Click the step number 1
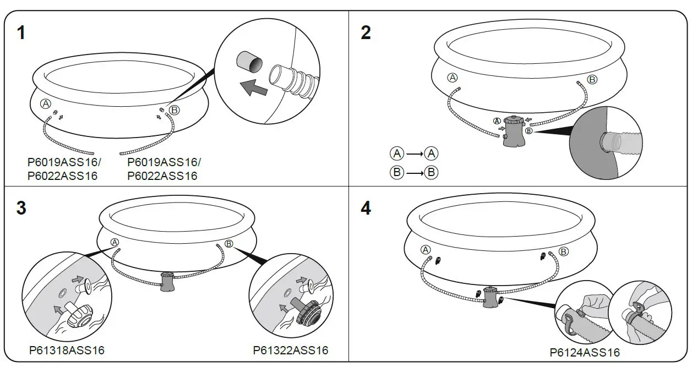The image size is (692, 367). pos(21,34)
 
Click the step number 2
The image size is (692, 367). pos(366,34)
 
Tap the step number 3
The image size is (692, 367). pos(21,209)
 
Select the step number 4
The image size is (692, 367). pos(366,209)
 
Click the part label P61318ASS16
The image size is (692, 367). pos(67,350)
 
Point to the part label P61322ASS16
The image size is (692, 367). pos(291,350)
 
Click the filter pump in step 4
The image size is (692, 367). pos(490,297)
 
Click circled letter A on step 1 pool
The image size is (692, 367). pos(45,104)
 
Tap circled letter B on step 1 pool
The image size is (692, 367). pos(174,110)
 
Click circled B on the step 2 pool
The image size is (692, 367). pos(592,80)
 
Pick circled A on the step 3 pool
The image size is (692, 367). pos(115,242)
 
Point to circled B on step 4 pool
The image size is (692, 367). pos(563,251)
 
